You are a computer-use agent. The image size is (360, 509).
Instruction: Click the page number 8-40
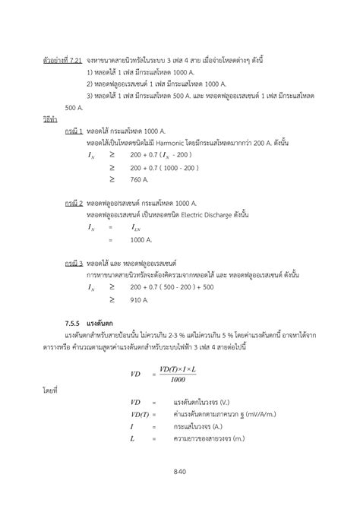tap(179, 473)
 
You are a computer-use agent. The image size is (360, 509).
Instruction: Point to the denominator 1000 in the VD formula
tap(178, 380)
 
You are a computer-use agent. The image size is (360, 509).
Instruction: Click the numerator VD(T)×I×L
tap(178, 369)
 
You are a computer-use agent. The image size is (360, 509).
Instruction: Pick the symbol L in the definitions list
tap(132, 438)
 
